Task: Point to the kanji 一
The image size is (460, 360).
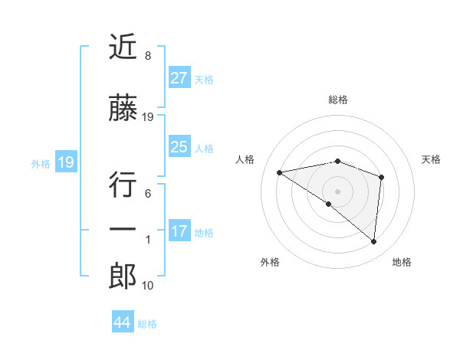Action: click(123, 230)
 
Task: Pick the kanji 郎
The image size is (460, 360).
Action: click(123, 276)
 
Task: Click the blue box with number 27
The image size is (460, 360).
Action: click(179, 78)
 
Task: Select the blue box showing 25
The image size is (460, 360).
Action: click(179, 147)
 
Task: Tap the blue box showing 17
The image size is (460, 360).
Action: click(179, 231)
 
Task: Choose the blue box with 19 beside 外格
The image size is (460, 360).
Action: click(66, 162)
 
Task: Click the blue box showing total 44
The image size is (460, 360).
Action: click(122, 322)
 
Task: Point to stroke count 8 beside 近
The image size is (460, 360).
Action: click(147, 56)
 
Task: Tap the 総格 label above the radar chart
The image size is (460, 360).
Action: click(338, 100)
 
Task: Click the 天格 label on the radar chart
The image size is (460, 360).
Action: click(431, 159)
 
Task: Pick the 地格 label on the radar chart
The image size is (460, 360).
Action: click(402, 262)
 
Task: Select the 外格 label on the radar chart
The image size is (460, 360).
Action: click(270, 262)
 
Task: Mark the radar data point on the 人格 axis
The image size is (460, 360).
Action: click(280, 172)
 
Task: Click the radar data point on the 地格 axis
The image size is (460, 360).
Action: click(373, 242)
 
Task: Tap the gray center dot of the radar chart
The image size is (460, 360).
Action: click(337, 191)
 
